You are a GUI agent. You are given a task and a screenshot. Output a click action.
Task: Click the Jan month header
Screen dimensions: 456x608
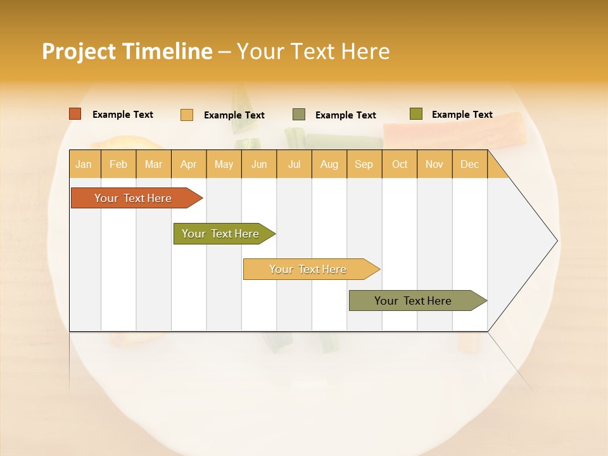(84, 164)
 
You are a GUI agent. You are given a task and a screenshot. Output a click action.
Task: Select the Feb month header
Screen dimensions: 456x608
(118, 164)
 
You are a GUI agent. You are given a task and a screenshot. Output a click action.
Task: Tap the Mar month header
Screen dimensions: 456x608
(153, 164)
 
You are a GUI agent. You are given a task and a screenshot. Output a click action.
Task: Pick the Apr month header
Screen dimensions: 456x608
(189, 164)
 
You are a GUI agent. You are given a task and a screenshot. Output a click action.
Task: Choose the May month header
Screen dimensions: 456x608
(224, 164)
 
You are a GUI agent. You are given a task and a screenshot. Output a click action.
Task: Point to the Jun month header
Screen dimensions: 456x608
(259, 164)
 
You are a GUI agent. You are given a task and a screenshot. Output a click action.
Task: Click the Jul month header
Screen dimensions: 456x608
(294, 164)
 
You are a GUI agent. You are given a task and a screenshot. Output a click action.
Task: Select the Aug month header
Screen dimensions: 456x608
(329, 164)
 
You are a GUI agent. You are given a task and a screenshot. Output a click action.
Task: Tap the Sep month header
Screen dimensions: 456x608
(364, 164)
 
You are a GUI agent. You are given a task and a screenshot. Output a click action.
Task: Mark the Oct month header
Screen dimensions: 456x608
(400, 164)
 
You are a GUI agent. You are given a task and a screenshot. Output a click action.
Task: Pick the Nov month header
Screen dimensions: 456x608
(434, 164)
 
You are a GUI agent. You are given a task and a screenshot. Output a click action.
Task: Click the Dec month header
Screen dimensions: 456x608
(470, 164)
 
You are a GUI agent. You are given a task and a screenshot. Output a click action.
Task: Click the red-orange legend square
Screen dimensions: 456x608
(75, 114)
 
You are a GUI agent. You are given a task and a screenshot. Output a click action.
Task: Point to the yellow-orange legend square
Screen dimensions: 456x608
(187, 115)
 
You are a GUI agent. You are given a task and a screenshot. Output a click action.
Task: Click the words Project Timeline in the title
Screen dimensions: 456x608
(127, 51)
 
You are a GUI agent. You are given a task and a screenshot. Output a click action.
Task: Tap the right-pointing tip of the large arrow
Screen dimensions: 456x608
(555, 241)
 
